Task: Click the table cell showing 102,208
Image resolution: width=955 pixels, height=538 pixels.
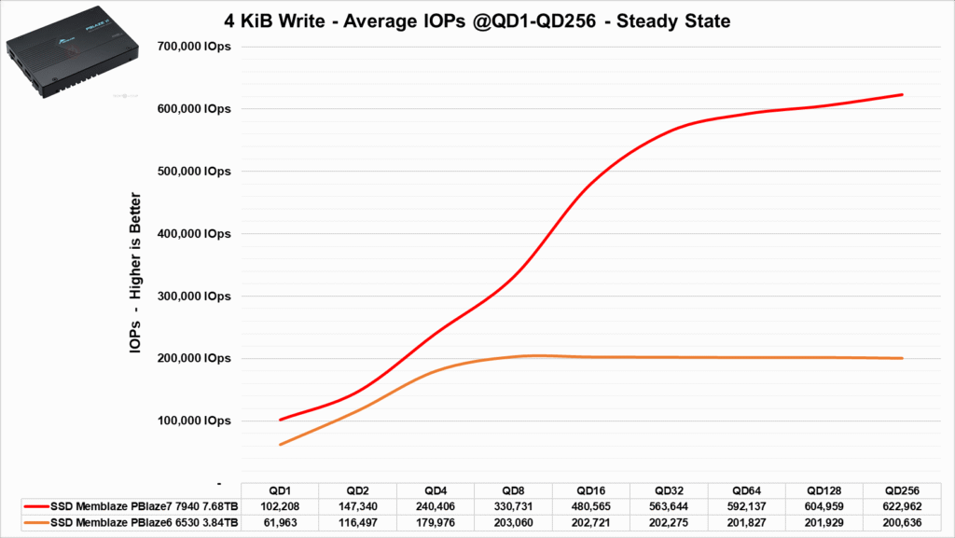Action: click(280, 506)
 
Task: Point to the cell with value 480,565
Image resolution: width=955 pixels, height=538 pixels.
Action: click(591, 506)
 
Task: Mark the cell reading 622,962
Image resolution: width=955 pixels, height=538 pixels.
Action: click(903, 506)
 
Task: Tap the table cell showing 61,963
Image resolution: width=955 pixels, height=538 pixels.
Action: click(280, 521)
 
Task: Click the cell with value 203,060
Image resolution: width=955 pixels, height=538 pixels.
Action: click(514, 521)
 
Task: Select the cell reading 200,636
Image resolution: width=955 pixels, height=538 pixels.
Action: click(903, 521)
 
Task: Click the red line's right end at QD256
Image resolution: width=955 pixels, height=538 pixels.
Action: click(902, 94)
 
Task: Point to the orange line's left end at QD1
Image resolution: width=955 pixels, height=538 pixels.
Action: click(280, 445)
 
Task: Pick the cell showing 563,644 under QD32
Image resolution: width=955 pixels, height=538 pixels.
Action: click(670, 506)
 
